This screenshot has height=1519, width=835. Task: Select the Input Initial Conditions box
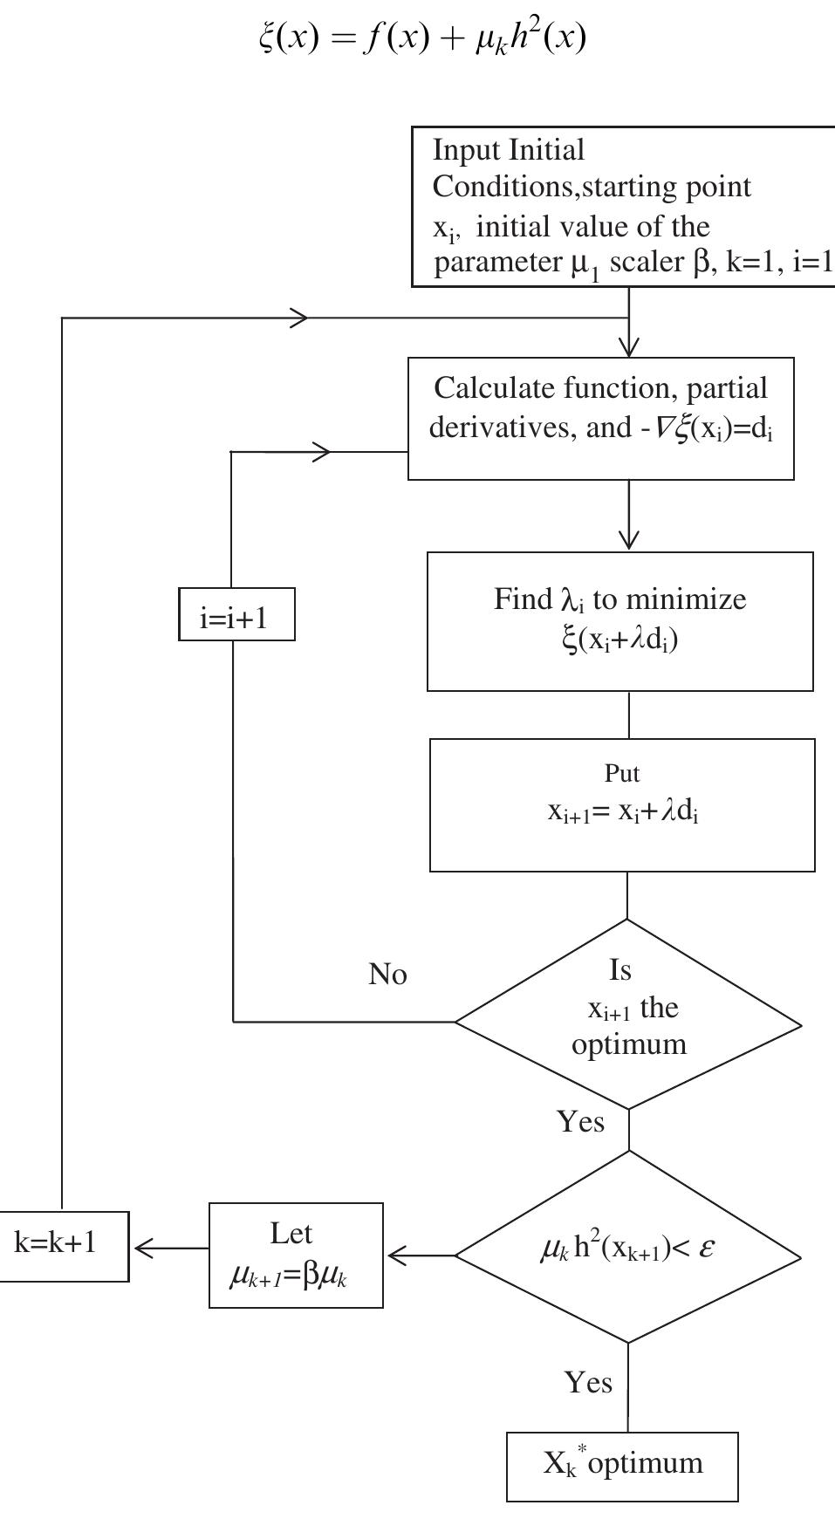(x=624, y=207)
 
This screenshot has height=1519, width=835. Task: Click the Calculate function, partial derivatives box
(x=601, y=418)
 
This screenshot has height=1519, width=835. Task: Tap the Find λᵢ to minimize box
(x=619, y=621)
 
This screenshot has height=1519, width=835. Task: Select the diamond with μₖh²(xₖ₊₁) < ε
(x=628, y=1248)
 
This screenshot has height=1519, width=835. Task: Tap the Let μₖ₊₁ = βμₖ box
(x=296, y=1256)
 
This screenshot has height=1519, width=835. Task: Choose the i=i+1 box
(x=236, y=615)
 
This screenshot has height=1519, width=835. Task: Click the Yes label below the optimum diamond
(x=580, y=1121)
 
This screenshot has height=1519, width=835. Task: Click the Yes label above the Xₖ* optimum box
(x=588, y=1382)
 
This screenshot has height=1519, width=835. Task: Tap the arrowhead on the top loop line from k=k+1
(x=299, y=318)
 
